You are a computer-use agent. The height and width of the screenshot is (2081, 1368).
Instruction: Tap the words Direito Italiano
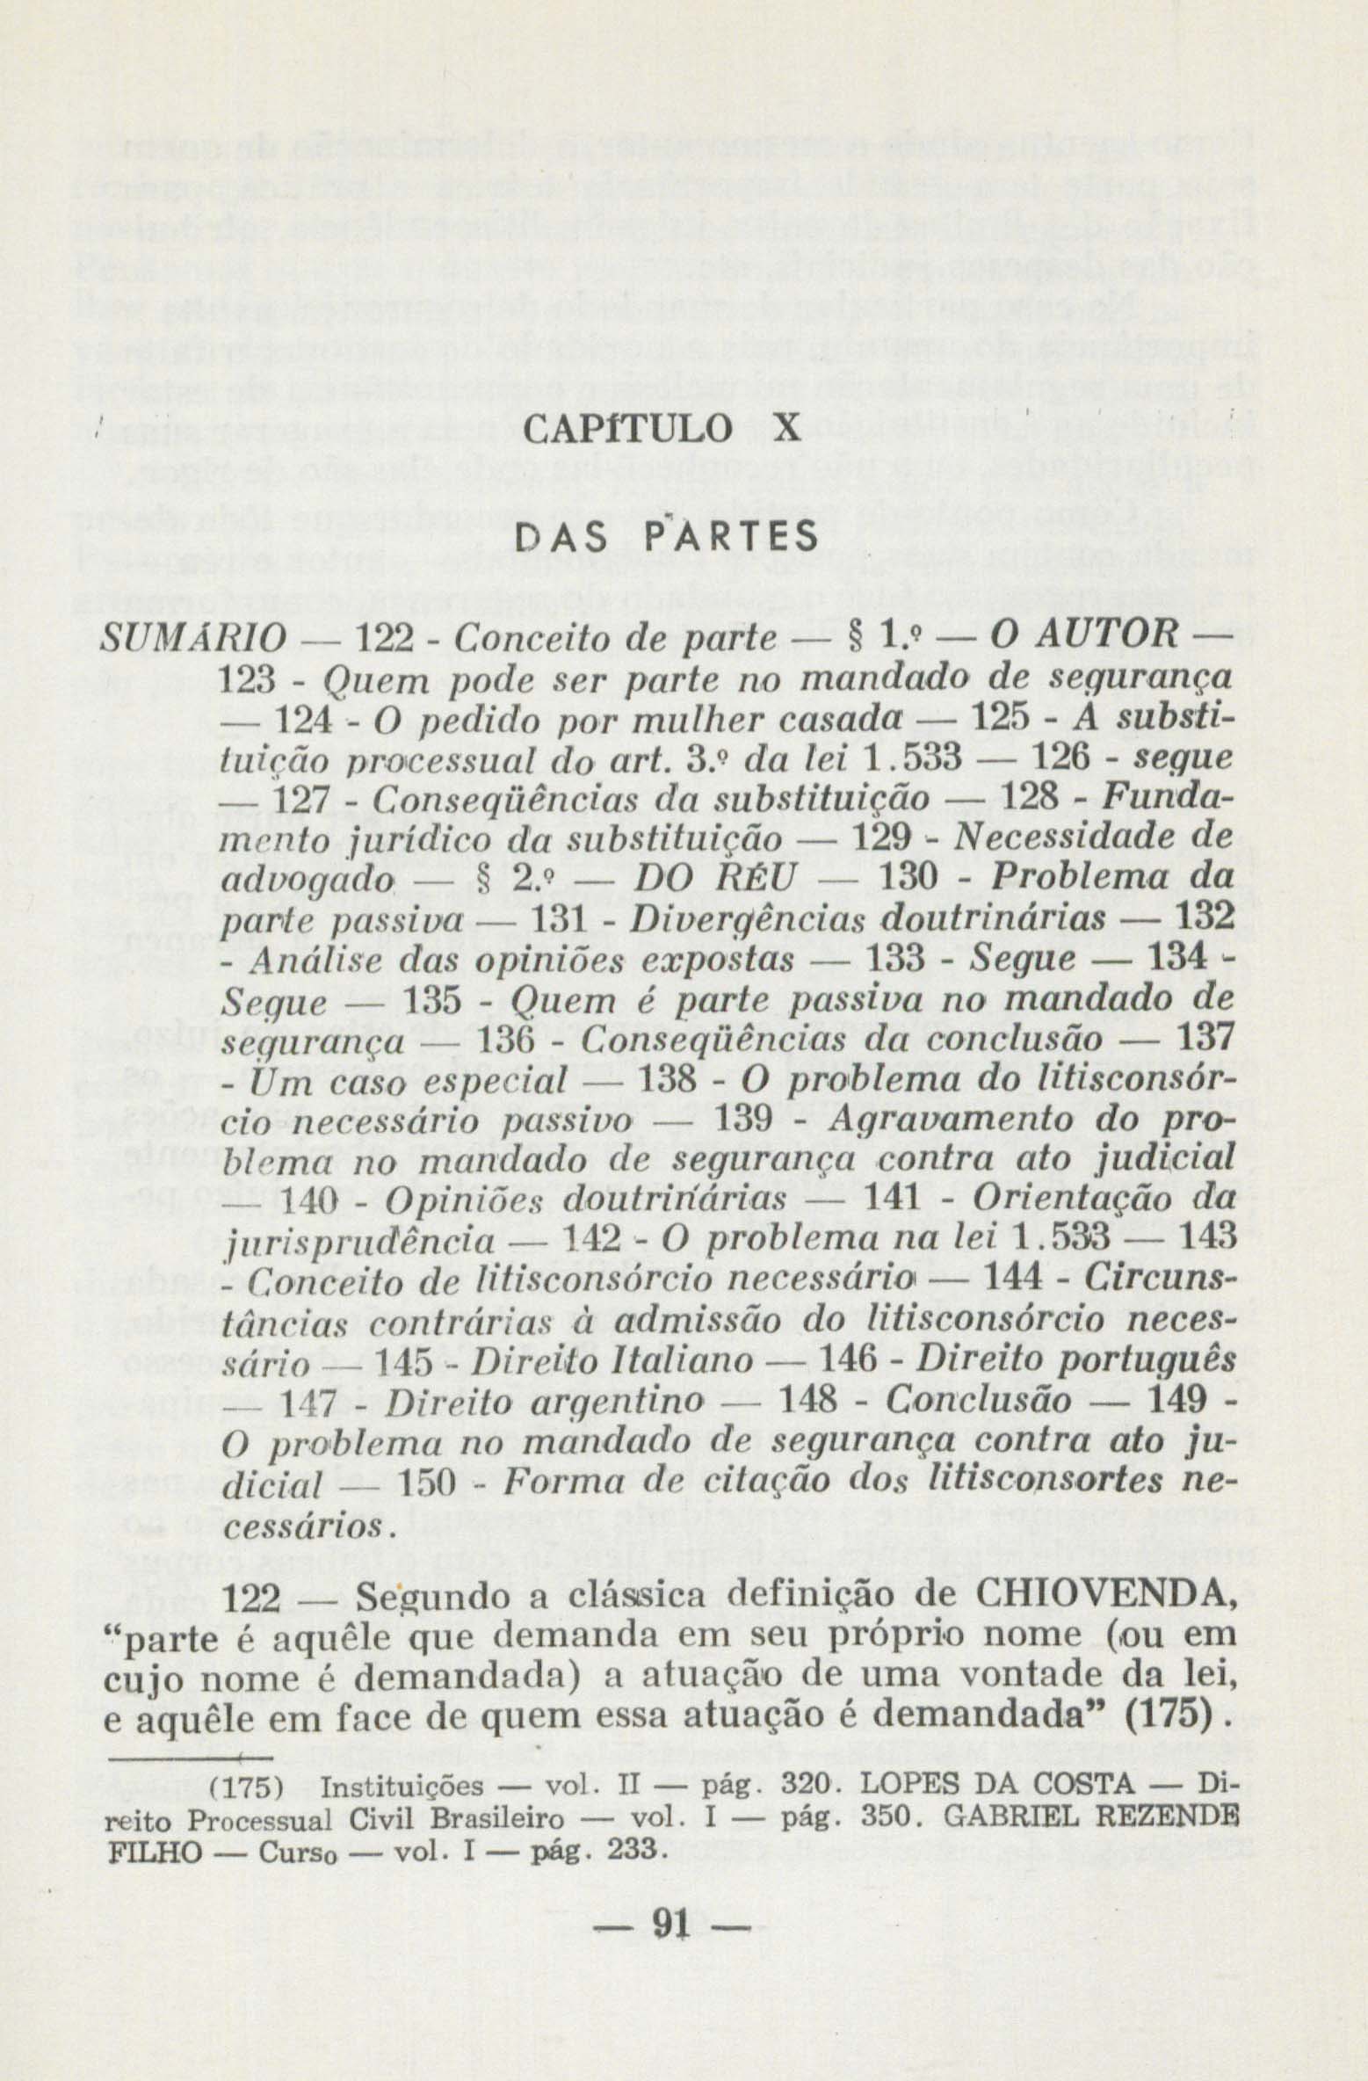point(612,1362)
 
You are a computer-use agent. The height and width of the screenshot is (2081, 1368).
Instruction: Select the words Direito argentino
point(544,1403)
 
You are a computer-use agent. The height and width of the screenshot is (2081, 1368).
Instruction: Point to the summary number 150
point(427,1484)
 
